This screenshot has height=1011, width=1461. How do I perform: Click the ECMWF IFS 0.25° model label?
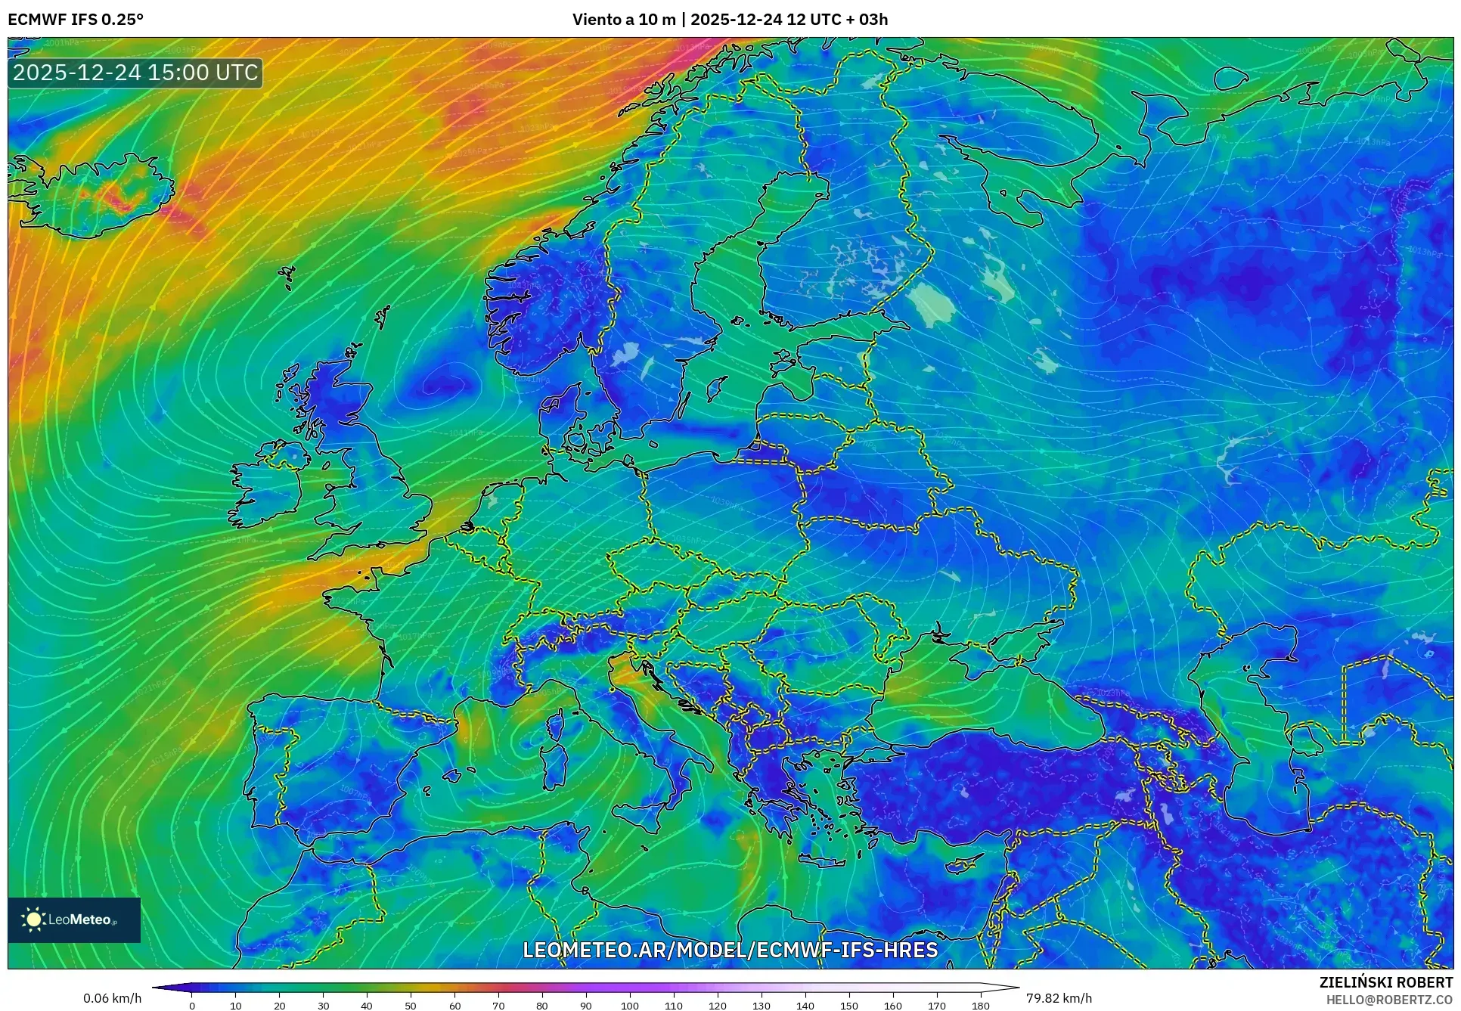point(76,20)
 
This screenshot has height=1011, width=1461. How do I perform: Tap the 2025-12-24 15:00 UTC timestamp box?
point(135,73)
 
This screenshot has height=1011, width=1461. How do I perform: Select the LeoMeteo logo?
point(74,920)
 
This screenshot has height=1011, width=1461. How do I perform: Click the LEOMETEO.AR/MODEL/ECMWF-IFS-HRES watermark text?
point(730,950)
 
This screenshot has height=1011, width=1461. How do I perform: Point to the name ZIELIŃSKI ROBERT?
point(1385,983)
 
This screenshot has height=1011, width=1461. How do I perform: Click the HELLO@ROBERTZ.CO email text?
point(1388,1000)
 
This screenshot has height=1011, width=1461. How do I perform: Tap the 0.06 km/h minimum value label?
point(112,998)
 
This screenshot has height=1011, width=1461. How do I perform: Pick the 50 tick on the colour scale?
point(411,1006)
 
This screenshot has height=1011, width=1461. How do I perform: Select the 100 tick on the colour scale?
point(630,1006)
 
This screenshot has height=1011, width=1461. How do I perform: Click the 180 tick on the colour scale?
point(980,1006)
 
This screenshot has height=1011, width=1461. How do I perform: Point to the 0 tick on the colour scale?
point(192,1006)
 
